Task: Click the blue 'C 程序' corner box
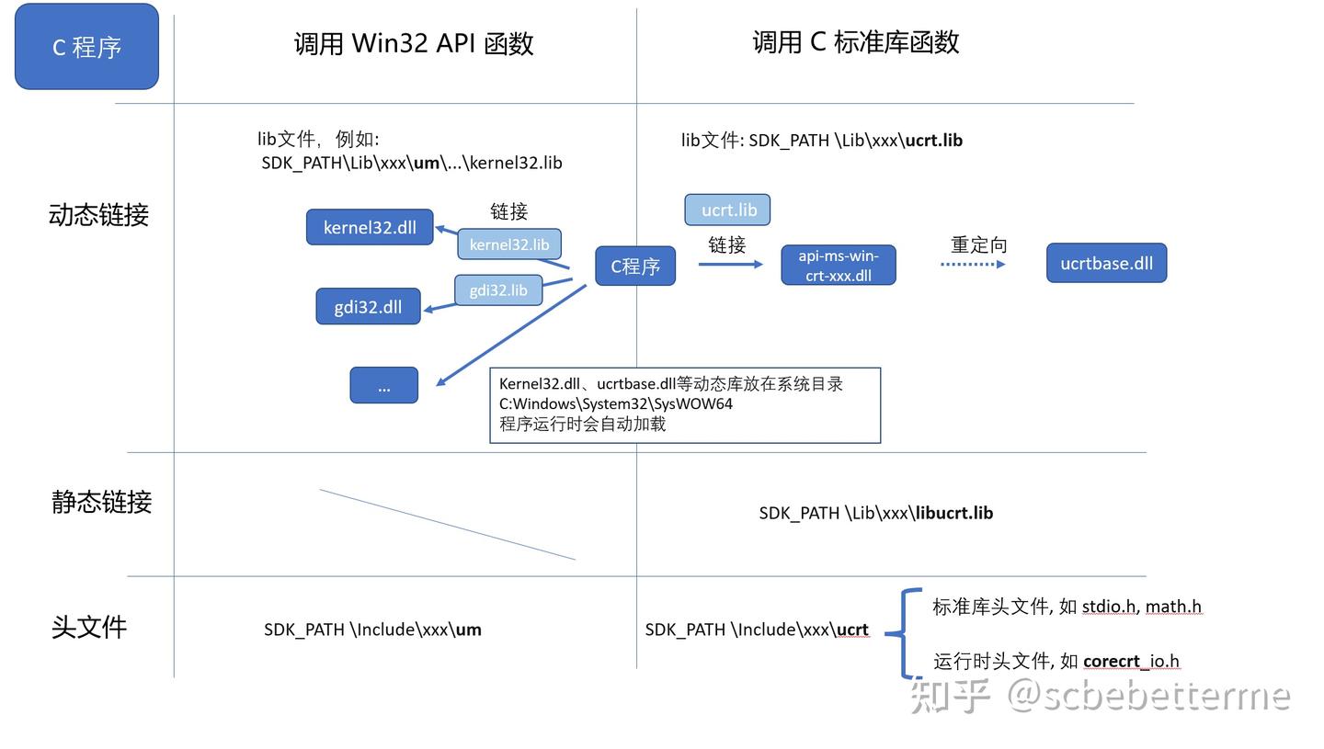pyautogui.click(x=86, y=47)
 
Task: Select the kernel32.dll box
pyautogui.click(x=370, y=227)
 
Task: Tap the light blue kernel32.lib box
pyautogui.click(x=509, y=244)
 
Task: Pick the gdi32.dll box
pyautogui.click(x=368, y=306)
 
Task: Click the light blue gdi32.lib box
pyautogui.click(x=498, y=290)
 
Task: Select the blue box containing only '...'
pyautogui.click(x=384, y=385)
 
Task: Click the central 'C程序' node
pyautogui.click(x=635, y=266)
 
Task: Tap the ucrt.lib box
pyautogui.click(x=727, y=210)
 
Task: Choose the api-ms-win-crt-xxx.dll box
pyautogui.click(x=839, y=266)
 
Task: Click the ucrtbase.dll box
pyautogui.click(x=1106, y=263)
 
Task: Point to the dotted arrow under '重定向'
pyautogui.click(x=973, y=264)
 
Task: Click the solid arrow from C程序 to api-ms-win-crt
pyautogui.click(x=731, y=264)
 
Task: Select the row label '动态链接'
pyautogui.click(x=98, y=214)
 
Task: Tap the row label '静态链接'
pyautogui.click(x=102, y=502)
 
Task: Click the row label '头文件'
pyautogui.click(x=89, y=627)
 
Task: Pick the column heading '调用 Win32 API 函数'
pyautogui.click(x=414, y=43)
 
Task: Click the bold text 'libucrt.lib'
pyautogui.click(x=954, y=513)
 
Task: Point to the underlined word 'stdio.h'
pyautogui.click(x=1109, y=607)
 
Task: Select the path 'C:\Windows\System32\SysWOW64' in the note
pyautogui.click(x=616, y=404)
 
